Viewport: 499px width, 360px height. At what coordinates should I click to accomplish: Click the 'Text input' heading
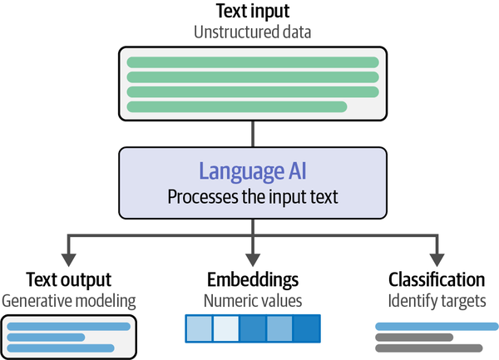[253, 12]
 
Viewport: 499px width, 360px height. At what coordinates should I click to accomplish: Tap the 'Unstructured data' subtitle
[252, 32]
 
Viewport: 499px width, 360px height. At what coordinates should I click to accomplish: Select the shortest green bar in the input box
[237, 107]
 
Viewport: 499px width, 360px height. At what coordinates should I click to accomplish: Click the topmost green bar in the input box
[253, 62]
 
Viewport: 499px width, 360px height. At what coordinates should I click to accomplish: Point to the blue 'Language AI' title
[253, 172]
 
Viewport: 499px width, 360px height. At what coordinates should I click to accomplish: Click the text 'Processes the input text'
[253, 197]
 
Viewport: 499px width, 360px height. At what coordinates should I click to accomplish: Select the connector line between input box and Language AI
[253, 134]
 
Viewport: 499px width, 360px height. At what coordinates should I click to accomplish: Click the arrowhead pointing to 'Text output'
[68, 260]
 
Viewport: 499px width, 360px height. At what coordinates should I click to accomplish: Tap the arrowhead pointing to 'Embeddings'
[253, 260]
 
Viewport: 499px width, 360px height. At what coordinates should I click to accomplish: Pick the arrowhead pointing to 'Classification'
[437, 260]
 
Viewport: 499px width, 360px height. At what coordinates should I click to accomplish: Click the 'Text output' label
[69, 280]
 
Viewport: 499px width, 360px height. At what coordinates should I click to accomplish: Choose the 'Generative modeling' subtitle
[69, 301]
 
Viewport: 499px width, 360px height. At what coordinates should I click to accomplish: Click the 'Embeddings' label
[253, 280]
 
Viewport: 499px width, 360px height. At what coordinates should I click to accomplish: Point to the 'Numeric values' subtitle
[253, 300]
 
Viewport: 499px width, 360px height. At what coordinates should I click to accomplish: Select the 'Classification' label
[437, 280]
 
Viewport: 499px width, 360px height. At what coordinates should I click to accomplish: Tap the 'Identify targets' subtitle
[437, 301]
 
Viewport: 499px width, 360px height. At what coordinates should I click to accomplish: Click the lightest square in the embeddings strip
[225, 329]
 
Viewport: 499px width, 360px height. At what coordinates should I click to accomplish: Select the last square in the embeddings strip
[306, 329]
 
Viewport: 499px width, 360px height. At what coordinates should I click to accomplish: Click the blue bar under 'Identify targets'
[437, 326]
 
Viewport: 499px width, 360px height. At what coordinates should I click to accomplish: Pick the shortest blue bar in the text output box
[46, 338]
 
